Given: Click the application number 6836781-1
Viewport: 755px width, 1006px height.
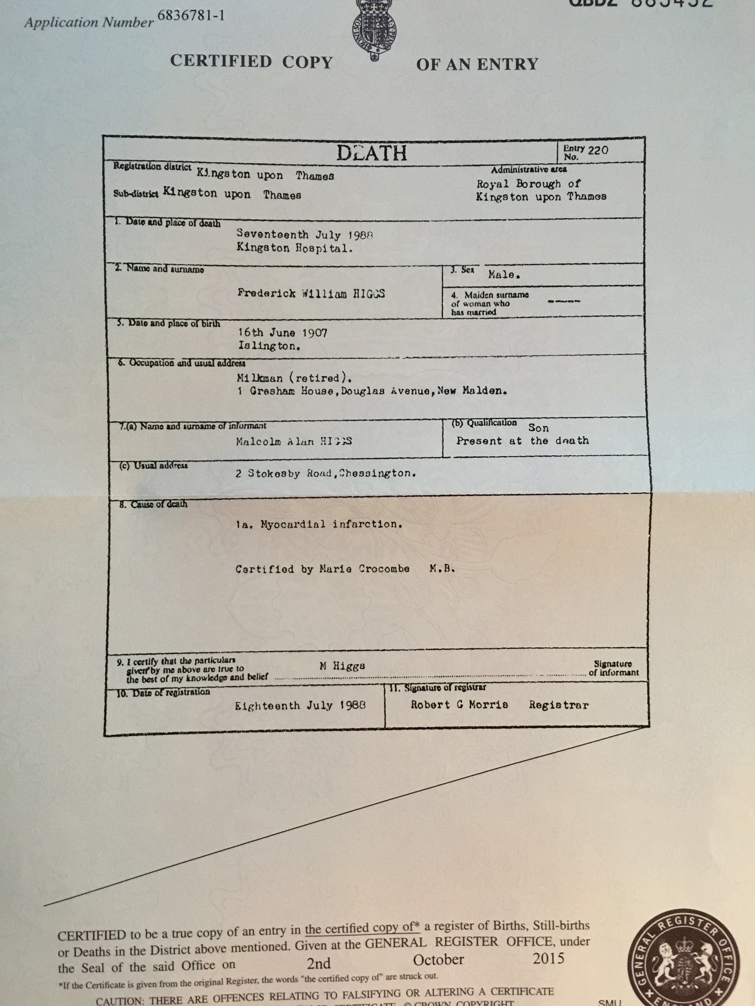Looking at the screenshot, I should coord(191,16).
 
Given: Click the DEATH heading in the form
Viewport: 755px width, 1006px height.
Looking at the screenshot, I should coord(372,153).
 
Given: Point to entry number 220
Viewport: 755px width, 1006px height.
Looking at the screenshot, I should coord(598,150).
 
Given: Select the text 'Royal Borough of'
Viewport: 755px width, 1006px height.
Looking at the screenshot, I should coord(528,184).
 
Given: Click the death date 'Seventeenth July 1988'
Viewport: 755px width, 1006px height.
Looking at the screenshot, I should coord(304,234).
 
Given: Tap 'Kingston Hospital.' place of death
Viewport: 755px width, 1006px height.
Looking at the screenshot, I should coord(295,248).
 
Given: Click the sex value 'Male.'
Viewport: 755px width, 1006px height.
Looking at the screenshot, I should coord(504,275).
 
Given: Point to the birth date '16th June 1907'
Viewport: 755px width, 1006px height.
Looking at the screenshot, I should coord(282,333).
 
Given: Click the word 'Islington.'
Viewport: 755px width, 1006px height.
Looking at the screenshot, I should coord(269,346).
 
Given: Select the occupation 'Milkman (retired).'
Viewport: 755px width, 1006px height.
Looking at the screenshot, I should coord(294,378).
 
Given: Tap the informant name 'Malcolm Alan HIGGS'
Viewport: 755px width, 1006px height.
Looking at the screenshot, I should coord(293,441).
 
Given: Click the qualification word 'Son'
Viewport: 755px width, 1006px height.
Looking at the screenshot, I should coord(538,428).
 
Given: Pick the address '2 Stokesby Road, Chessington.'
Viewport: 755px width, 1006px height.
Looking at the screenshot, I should coord(325,473).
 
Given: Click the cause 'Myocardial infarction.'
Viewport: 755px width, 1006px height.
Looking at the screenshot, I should coord(331,524).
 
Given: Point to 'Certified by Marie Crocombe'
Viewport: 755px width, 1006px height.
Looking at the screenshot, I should coord(322,569).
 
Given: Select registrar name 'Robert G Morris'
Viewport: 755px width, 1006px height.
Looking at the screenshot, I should coord(459,705).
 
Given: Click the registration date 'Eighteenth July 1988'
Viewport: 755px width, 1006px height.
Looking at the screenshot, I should coord(300,706).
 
